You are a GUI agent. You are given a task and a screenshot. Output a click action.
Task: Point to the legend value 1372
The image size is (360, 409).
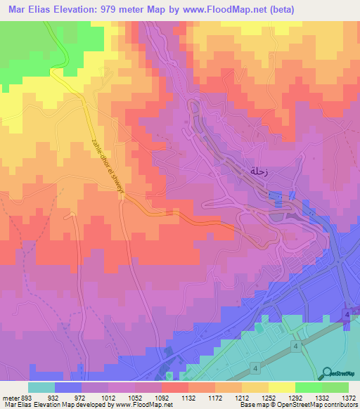pos(349,398)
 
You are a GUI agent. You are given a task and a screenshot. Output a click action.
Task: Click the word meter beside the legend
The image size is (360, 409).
pos(11,398)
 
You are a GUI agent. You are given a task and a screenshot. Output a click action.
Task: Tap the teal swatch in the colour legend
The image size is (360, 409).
pos(41,387)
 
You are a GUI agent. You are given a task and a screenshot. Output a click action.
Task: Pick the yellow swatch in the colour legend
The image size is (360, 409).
pos(281,387)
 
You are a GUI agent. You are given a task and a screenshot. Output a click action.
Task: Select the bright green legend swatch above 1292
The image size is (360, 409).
pos(308,387)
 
